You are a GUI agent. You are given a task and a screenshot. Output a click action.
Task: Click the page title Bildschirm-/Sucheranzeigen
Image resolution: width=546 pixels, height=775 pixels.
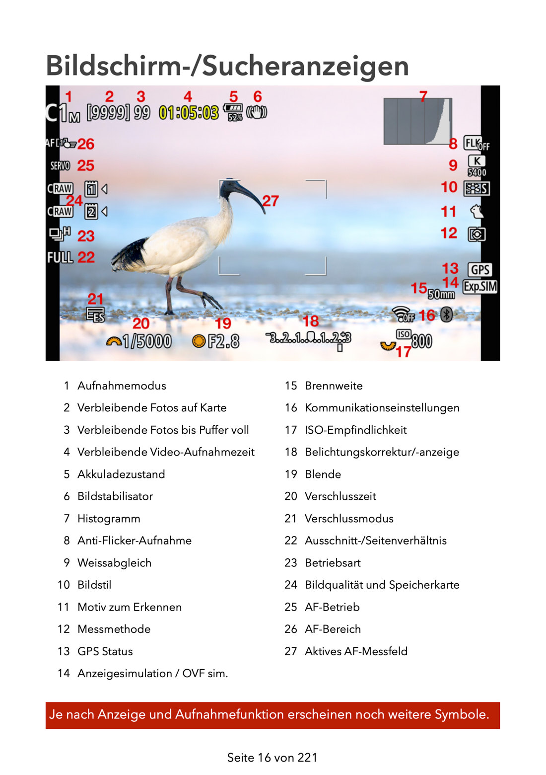click(227, 66)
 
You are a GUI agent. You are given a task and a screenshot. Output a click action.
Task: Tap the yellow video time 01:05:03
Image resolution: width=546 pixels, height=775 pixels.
click(189, 113)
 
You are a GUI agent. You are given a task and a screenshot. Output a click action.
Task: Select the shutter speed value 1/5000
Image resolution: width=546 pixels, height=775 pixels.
click(146, 341)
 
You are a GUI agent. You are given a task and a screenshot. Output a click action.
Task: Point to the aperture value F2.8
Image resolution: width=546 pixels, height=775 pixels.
click(223, 341)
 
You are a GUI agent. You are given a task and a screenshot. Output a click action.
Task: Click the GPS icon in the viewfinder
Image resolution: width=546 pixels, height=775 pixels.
click(480, 270)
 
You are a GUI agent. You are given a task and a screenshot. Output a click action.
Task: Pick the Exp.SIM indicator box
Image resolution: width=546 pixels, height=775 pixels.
click(480, 287)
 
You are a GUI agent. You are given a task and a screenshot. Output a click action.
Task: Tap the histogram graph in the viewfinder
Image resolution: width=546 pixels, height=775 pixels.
click(417, 121)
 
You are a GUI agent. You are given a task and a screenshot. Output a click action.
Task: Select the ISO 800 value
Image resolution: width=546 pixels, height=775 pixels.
click(421, 341)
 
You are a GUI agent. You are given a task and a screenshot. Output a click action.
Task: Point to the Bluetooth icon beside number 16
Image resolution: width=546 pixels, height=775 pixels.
click(447, 314)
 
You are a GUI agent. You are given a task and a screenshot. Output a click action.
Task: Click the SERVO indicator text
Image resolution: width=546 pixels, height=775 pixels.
click(60, 166)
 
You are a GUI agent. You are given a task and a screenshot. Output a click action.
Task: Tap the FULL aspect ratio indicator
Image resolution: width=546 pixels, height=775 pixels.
click(60, 257)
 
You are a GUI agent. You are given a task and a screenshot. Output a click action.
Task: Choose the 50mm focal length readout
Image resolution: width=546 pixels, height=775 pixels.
click(441, 295)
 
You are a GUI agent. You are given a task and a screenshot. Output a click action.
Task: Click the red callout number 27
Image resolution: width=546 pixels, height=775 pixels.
click(271, 201)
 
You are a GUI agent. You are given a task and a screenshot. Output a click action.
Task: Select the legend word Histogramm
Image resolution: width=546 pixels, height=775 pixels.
click(109, 519)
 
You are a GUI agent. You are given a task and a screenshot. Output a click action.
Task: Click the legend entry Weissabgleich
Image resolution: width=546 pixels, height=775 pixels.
click(114, 563)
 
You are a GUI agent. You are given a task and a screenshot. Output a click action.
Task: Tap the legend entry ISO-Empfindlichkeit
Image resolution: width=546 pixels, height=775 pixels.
click(355, 430)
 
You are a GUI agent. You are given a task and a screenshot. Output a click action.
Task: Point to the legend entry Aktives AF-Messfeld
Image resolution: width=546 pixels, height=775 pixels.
click(356, 651)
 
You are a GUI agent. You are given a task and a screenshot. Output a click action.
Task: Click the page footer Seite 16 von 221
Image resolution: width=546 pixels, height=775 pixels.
click(272, 758)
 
